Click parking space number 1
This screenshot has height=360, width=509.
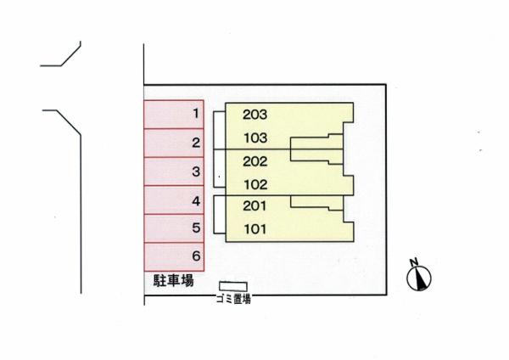174,115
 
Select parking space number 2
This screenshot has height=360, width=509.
174,143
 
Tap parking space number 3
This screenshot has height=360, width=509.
174,172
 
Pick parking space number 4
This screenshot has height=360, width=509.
174,200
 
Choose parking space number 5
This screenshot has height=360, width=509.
174,228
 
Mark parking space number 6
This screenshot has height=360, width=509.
174,257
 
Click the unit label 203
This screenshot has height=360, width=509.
255,115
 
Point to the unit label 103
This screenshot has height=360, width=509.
255,138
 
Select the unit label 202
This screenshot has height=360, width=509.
255,161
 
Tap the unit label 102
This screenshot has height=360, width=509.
255,185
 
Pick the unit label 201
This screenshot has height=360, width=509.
255,205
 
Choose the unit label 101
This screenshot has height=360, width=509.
255,229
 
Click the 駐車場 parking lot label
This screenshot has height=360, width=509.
174,280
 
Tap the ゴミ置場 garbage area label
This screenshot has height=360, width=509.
234,299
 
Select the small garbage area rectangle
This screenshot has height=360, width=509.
233,286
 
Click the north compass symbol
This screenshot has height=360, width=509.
419,278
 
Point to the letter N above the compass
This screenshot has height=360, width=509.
414,262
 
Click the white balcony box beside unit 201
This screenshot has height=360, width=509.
220,215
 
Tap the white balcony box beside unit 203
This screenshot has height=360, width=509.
220,131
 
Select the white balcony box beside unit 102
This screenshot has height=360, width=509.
220,168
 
